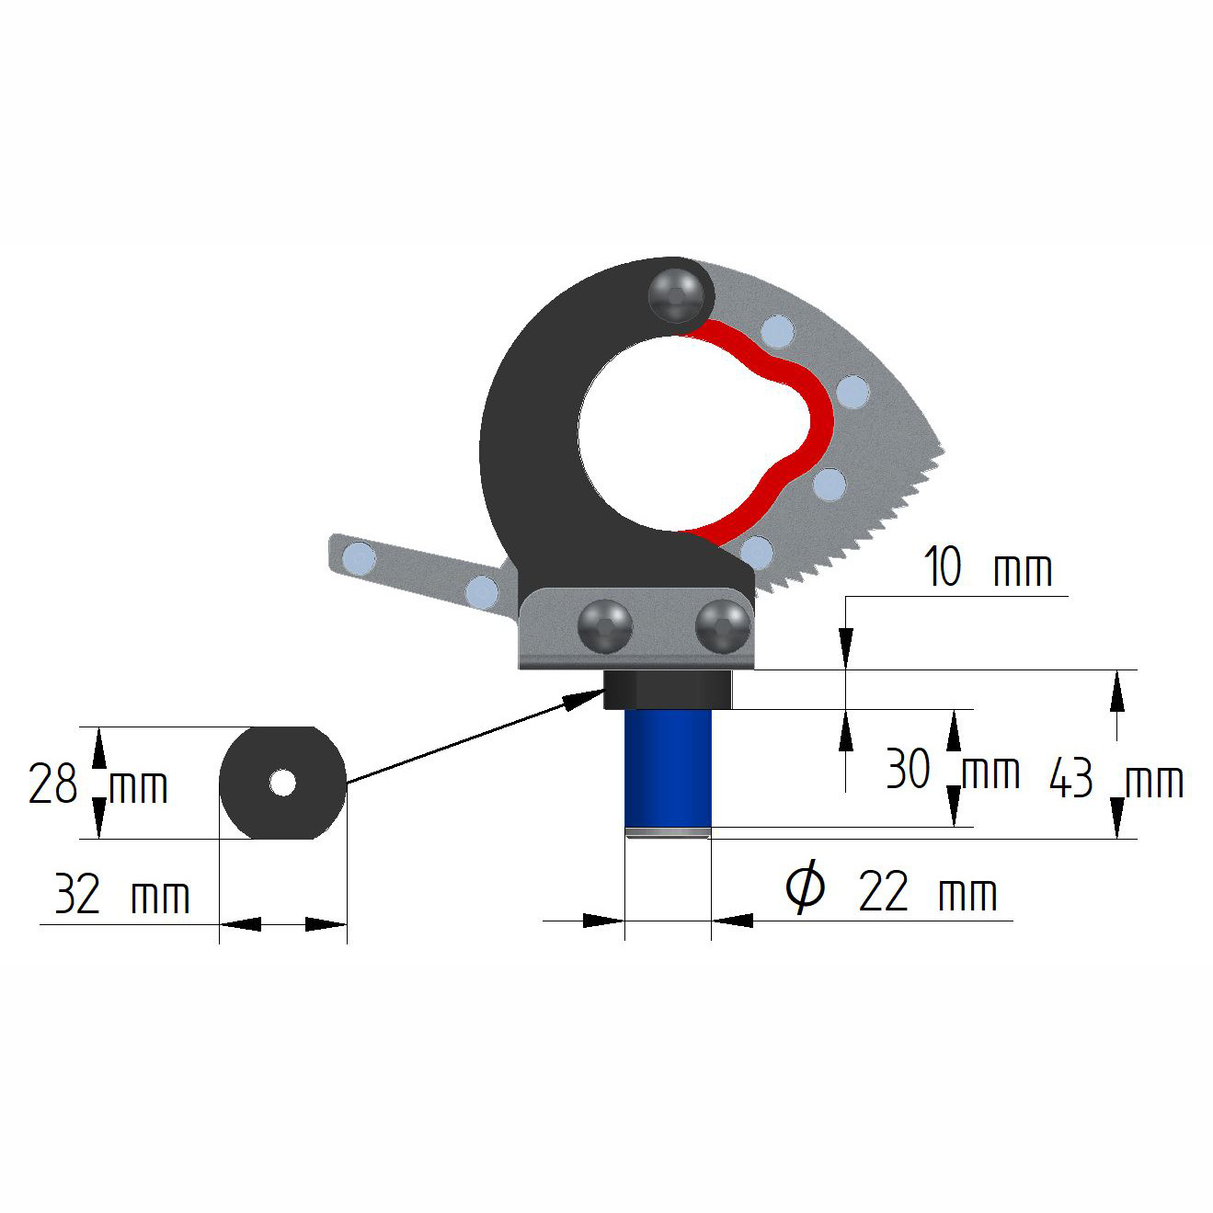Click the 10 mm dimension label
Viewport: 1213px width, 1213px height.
pos(988,567)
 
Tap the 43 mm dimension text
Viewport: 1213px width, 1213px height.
pos(1116,780)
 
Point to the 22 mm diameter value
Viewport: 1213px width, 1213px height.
pos(927,892)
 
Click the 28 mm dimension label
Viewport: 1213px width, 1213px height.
pos(97,784)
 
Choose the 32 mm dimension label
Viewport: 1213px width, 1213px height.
pos(121,894)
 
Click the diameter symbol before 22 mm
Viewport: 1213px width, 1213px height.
pos(805,887)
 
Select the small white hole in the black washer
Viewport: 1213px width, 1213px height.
pos(282,783)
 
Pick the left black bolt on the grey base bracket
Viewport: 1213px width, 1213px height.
pos(604,626)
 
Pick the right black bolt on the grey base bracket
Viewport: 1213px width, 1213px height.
pos(723,626)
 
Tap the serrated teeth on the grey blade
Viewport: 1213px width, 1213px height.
pos(883,524)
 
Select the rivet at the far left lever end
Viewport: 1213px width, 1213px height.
pos(358,557)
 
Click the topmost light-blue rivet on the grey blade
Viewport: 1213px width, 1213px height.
pos(777,330)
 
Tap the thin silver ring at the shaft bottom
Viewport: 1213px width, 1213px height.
pos(668,833)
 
